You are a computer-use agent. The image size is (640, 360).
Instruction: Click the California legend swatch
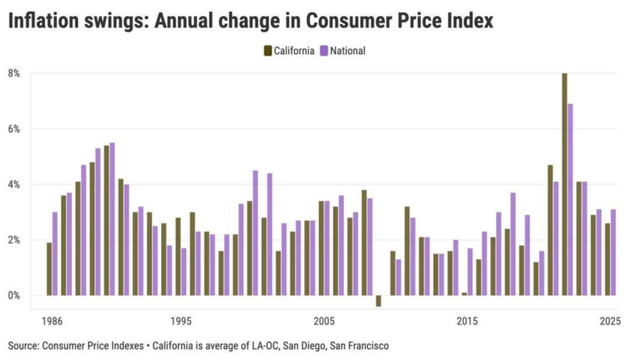[268, 51]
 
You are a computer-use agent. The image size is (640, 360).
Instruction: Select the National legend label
[347, 51]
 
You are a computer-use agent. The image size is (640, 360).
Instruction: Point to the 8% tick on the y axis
[13, 73]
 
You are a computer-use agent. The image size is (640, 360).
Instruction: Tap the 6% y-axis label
[13, 129]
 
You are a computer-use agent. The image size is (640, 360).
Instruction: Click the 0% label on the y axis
[13, 295]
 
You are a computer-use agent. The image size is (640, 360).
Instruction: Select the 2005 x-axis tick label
[324, 321]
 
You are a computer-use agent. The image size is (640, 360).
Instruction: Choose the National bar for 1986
[55, 253]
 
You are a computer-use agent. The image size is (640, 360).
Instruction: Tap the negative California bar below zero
[378, 301]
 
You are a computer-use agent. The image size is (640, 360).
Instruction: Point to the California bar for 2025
[607, 260]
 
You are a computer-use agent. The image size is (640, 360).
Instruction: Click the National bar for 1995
[183, 272]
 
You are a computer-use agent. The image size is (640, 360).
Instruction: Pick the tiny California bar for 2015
[464, 294]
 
